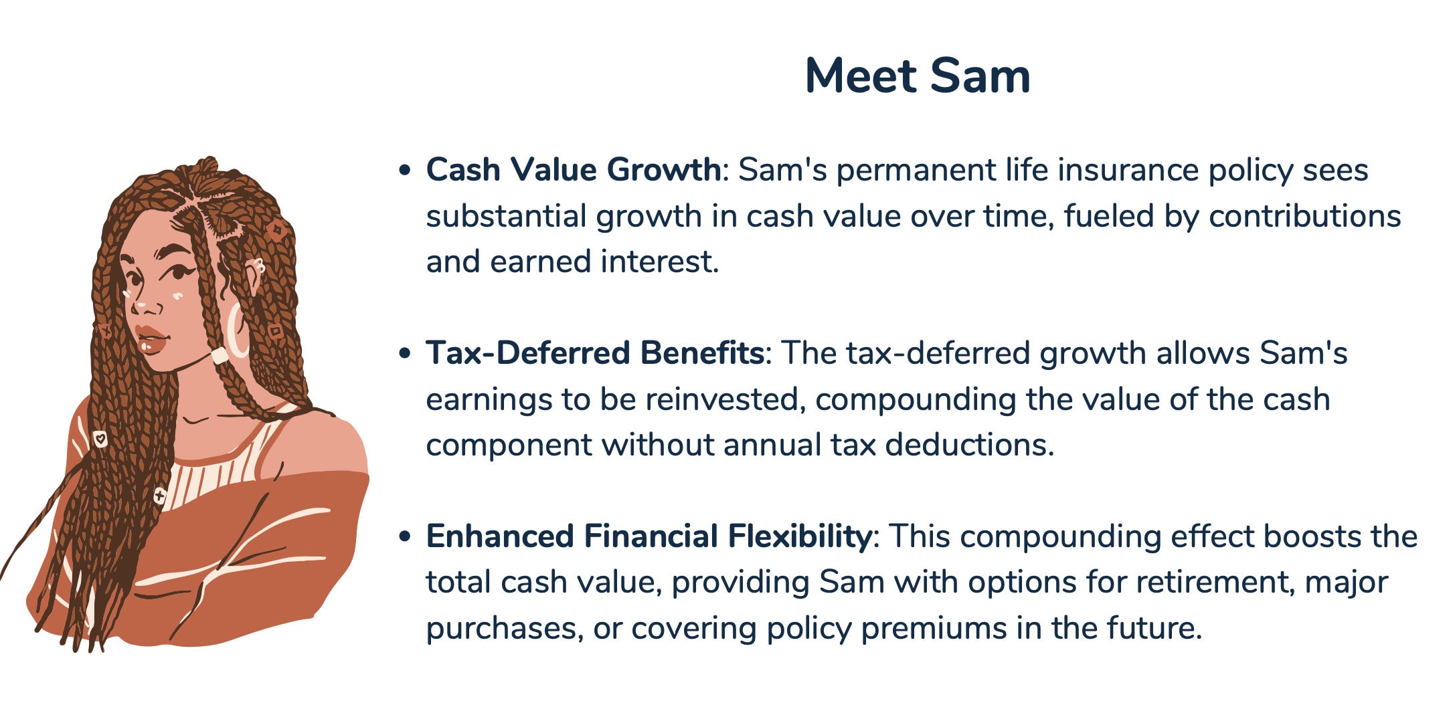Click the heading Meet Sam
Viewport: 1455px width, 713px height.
(917, 76)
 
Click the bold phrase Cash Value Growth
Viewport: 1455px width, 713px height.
(573, 170)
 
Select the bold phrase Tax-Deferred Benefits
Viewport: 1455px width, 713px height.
(595, 353)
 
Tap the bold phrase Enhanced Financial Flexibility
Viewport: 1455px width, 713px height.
(648, 536)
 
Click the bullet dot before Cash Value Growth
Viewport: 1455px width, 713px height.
(404, 171)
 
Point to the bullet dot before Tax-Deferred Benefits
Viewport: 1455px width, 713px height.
(404, 354)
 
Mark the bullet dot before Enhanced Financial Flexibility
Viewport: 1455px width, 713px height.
(404, 537)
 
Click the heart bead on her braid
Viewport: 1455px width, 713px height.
(100, 439)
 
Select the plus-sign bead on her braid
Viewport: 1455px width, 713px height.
(159, 496)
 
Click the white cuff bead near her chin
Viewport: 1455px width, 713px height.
(220, 355)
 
